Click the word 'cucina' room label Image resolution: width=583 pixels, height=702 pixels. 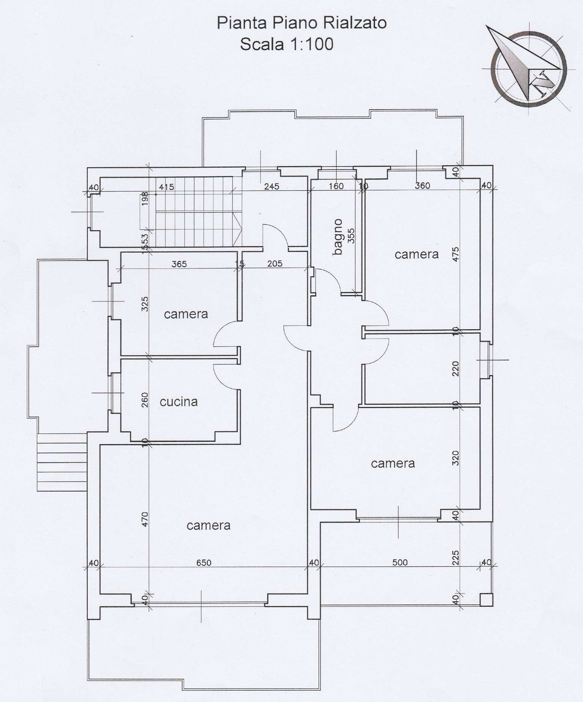(178, 402)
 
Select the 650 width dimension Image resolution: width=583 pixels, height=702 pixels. (204, 562)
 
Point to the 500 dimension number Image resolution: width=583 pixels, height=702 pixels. (400, 562)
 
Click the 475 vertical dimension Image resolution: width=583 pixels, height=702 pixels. (456, 254)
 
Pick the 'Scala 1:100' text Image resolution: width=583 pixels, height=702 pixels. (287, 44)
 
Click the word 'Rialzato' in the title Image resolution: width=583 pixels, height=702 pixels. (355, 23)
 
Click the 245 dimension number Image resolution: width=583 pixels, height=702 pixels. (272, 186)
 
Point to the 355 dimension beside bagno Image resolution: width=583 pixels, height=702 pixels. (351, 236)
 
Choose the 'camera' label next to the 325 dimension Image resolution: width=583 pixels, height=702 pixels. (186, 314)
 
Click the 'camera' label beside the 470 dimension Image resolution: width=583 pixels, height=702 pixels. (208, 525)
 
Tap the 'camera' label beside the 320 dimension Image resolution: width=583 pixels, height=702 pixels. (392, 463)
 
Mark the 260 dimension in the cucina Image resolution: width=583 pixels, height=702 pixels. (145, 400)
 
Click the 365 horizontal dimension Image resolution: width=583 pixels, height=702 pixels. (179, 264)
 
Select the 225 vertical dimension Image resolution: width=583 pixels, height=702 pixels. (456, 558)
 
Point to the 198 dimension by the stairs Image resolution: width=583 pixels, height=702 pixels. (145, 199)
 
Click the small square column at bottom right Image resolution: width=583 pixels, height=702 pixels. (486, 600)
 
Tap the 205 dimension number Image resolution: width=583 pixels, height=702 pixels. (274, 264)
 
